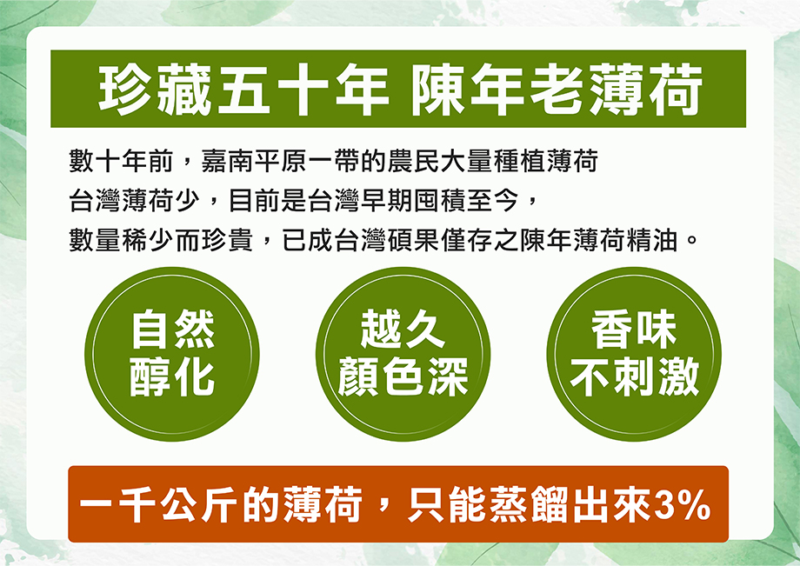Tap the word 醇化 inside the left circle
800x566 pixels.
click(x=172, y=377)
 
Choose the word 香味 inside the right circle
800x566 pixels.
click(x=634, y=331)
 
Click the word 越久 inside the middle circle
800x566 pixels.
click(x=403, y=331)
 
